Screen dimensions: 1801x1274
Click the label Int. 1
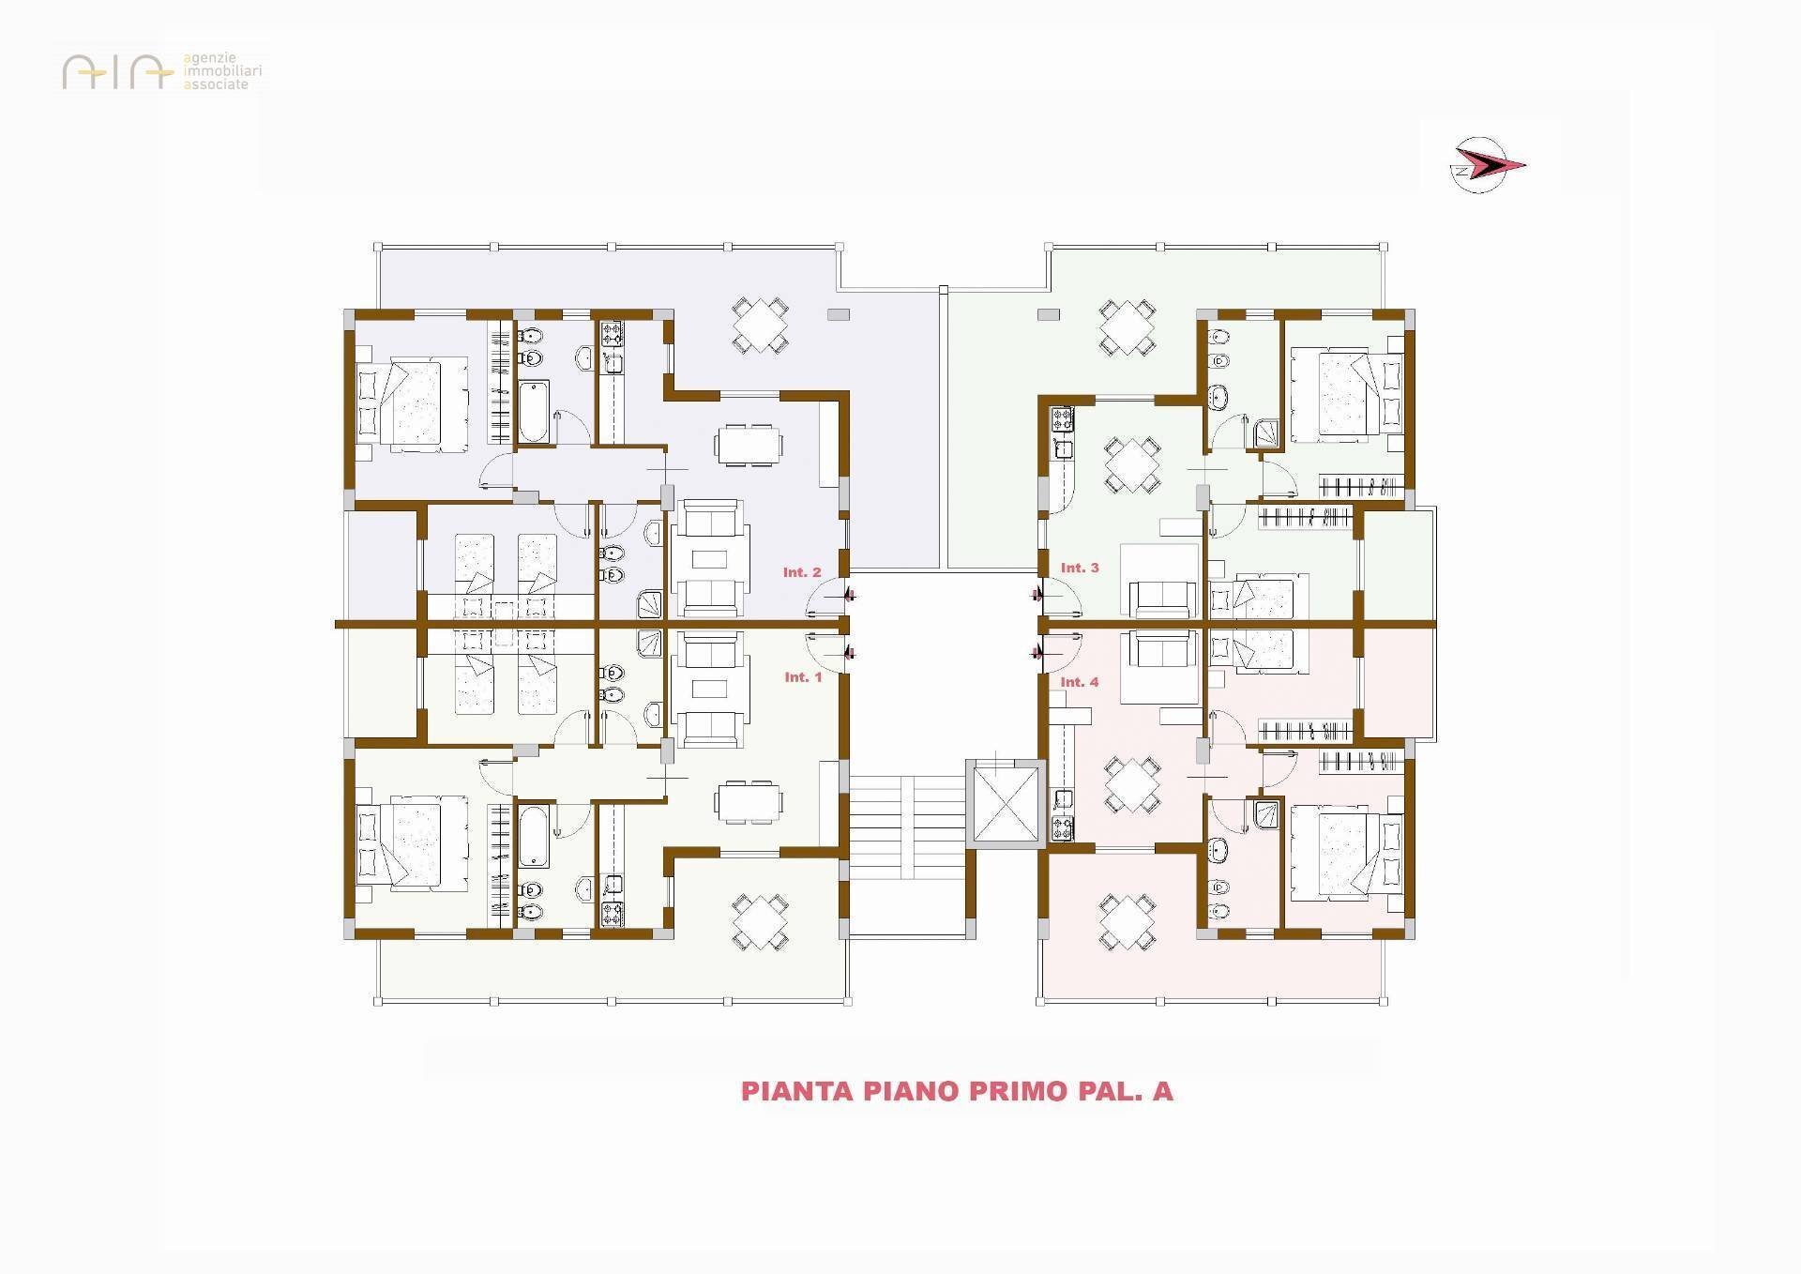(x=803, y=676)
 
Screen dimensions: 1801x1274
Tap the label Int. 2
(x=802, y=571)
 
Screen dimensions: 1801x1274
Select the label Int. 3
(x=1080, y=568)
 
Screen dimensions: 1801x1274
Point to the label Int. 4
(x=1080, y=682)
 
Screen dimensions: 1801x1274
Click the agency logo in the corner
(x=162, y=71)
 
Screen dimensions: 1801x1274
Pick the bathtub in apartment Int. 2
(x=535, y=411)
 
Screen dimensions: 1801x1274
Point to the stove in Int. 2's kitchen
(x=612, y=333)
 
